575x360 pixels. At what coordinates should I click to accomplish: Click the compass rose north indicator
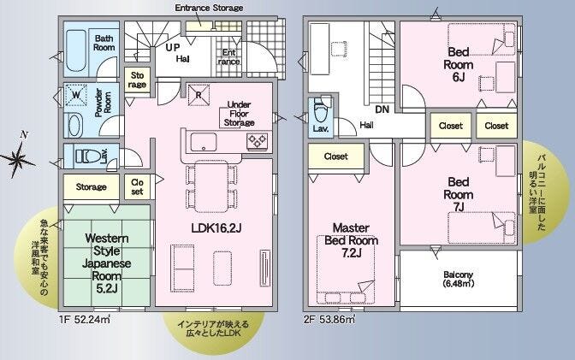[18, 157]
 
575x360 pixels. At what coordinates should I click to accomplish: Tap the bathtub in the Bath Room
[76, 50]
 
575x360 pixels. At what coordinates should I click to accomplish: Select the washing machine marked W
[76, 96]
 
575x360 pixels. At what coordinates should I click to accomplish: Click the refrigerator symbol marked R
[199, 95]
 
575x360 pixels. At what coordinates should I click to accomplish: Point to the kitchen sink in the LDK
[203, 142]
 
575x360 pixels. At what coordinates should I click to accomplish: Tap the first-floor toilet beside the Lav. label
[87, 156]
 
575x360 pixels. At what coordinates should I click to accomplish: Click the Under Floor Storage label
[239, 114]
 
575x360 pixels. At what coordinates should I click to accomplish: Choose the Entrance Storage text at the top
[209, 8]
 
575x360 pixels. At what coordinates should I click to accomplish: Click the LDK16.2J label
[216, 228]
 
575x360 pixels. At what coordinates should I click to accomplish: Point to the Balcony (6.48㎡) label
[458, 279]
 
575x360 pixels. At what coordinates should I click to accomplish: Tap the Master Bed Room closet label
[336, 156]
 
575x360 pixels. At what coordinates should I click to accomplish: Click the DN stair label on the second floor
[382, 109]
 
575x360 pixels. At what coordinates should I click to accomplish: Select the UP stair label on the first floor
[172, 47]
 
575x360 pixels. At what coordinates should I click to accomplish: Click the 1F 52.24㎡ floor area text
[85, 319]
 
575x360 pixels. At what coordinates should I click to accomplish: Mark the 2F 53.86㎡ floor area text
[329, 319]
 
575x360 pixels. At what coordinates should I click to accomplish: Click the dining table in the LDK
[210, 186]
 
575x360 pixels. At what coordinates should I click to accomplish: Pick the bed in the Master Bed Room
[346, 270]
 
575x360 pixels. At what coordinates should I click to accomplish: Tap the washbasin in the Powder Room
[75, 126]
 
